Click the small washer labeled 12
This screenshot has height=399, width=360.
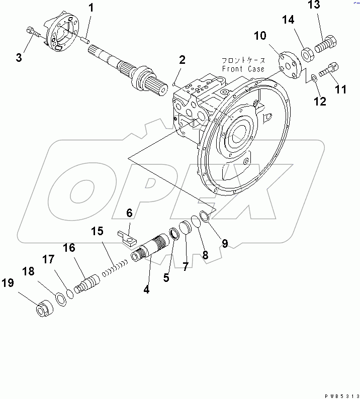314,78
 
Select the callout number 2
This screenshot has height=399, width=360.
182,60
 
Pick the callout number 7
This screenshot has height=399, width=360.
185,267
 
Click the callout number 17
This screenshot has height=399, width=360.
48,259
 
